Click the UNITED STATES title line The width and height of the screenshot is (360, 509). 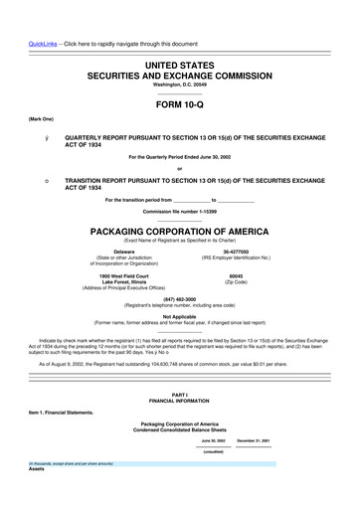[179, 64]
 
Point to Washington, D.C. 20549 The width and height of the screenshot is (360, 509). [179, 85]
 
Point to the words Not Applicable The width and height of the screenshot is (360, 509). [179, 317]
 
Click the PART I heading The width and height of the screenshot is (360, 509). [179, 395]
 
